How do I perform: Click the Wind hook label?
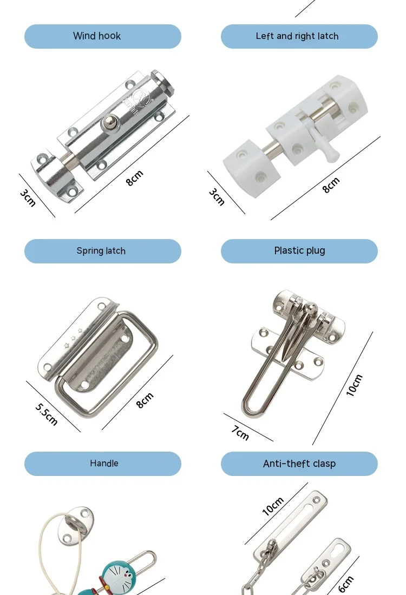click(97, 36)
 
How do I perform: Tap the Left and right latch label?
click(297, 36)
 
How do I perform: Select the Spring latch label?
click(101, 251)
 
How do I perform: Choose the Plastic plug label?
click(300, 250)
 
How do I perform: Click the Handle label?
click(104, 464)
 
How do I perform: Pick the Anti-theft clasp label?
click(299, 464)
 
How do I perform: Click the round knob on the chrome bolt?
click(110, 122)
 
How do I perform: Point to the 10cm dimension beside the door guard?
click(355, 386)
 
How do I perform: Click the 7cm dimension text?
click(240, 433)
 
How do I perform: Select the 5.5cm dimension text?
click(47, 414)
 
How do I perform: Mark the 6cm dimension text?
click(346, 584)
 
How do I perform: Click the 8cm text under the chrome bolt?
click(134, 178)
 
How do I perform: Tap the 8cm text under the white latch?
click(331, 185)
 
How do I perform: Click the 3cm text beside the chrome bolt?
click(28, 198)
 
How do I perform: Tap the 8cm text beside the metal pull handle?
click(145, 400)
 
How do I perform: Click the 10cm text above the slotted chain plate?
click(273, 506)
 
